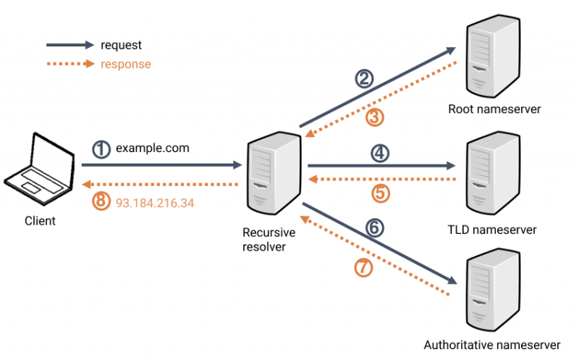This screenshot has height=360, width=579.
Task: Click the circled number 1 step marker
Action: (x=102, y=149)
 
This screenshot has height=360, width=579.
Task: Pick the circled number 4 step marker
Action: (x=379, y=153)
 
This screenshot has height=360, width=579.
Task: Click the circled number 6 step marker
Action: (x=373, y=227)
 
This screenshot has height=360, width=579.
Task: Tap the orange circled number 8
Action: (x=102, y=202)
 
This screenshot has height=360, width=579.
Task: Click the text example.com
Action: (x=153, y=148)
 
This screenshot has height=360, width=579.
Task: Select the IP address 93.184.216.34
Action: (x=155, y=203)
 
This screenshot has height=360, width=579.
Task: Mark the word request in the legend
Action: (x=121, y=45)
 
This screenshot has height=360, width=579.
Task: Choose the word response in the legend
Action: (x=126, y=64)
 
